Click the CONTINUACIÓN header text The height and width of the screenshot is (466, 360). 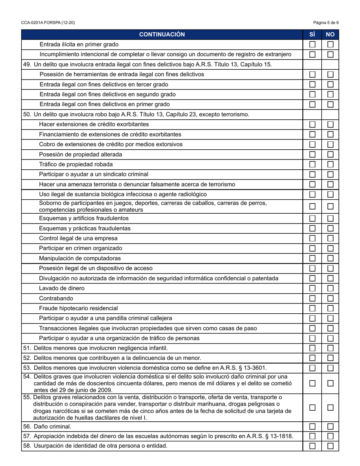click(162, 34)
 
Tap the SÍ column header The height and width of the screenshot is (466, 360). click(312, 34)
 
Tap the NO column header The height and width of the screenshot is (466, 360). click(330, 34)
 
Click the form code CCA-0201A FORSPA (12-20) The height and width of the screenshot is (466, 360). click(48, 23)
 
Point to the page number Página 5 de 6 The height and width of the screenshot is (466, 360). click(326, 23)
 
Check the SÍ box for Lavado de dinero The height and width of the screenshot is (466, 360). click(312, 288)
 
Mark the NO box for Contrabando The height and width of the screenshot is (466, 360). click(330, 298)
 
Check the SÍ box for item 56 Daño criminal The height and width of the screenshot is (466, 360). click(312, 426)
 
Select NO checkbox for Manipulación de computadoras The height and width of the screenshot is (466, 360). click(330, 258)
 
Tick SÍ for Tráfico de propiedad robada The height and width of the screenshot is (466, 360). click(312, 164)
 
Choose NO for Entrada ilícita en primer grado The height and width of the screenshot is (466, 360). click(330, 44)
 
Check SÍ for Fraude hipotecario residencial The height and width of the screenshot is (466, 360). click(312, 308)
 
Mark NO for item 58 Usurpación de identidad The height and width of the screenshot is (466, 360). click(330, 446)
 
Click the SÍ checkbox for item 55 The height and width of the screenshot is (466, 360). click(312, 408)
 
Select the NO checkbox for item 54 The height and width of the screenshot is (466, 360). click(330, 383)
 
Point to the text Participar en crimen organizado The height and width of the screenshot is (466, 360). click(81, 248)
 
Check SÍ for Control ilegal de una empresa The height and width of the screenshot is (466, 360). click(312, 238)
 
